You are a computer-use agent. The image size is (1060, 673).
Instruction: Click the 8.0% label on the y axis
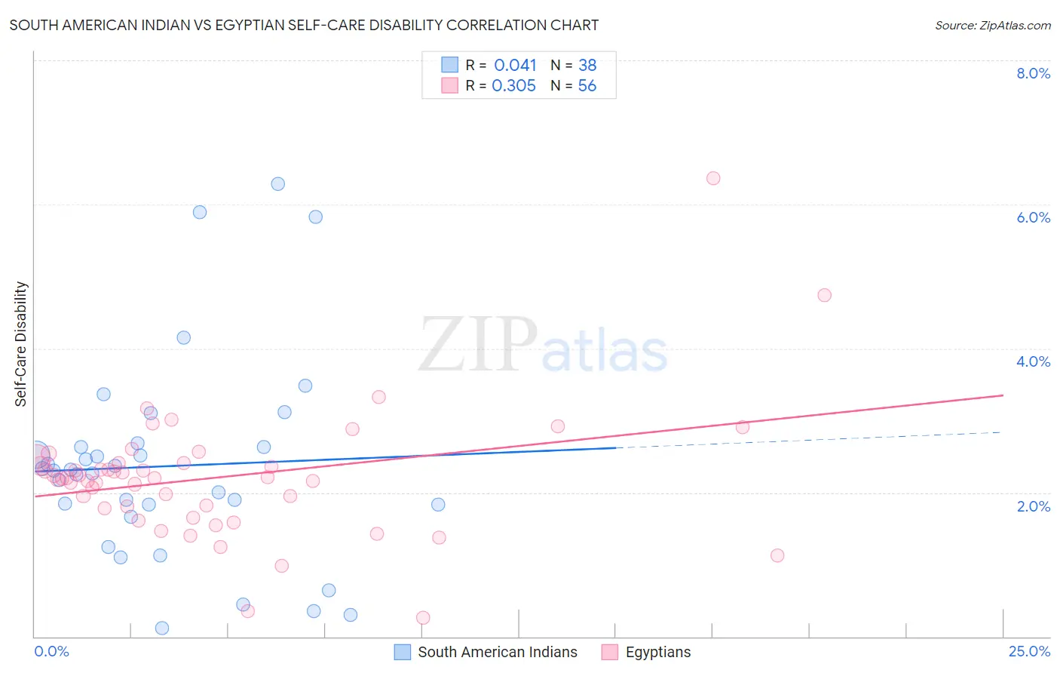[x=1033, y=73]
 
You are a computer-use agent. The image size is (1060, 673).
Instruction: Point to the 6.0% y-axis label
[x=1033, y=217]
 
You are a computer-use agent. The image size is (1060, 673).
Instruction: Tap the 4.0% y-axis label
[x=1033, y=361]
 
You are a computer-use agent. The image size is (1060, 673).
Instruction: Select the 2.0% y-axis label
[x=1033, y=506]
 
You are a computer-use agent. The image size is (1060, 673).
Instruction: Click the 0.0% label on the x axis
[x=51, y=651]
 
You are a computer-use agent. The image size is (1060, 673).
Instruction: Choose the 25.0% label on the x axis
[x=1029, y=651]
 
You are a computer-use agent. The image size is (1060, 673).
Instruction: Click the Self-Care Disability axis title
[x=20, y=344]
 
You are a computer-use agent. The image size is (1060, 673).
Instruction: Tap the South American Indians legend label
[x=498, y=652]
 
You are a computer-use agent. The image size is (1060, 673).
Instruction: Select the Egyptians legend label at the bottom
[x=658, y=652]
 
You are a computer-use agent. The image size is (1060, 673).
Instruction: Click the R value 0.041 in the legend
[x=515, y=66]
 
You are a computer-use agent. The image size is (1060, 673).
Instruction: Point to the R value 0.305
[x=513, y=86]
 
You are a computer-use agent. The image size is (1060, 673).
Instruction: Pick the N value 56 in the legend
[x=587, y=86]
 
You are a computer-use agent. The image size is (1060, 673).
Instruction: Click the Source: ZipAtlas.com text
[x=992, y=26]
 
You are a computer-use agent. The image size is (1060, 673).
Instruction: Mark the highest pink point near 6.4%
[x=713, y=178]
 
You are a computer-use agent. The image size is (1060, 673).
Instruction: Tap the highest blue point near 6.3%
[x=278, y=183]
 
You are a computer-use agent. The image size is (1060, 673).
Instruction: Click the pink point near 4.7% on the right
[x=824, y=295]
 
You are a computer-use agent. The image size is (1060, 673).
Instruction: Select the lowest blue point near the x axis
[x=161, y=628]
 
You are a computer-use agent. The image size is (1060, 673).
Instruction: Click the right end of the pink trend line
[x=1003, y=395]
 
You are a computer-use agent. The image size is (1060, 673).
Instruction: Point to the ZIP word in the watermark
[x=477, y=345]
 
